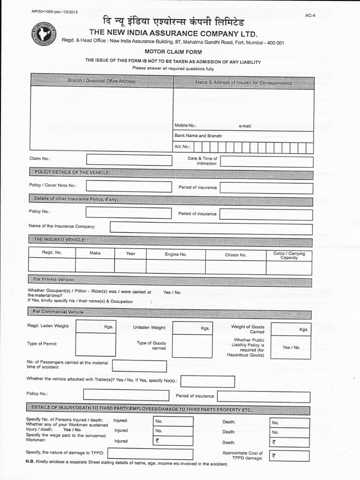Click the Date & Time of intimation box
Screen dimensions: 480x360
point(266,162)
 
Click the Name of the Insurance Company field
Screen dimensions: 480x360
point(211,228)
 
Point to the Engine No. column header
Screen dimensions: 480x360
point(175,254)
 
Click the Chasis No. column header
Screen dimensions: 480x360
point(235,255)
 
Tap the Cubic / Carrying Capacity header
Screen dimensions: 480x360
point(289,255)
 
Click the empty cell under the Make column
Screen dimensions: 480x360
point(95,266)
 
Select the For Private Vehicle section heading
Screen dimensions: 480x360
point(54,279)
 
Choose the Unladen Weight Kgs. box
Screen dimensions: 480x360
point(192,328)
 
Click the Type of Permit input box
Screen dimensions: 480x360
point(96,345)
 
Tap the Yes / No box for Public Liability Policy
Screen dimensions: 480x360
point(291,347)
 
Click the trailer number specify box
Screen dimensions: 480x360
point(207,381)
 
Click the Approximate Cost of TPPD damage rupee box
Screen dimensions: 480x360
point(290,456)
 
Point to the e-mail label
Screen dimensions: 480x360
point(245,126)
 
